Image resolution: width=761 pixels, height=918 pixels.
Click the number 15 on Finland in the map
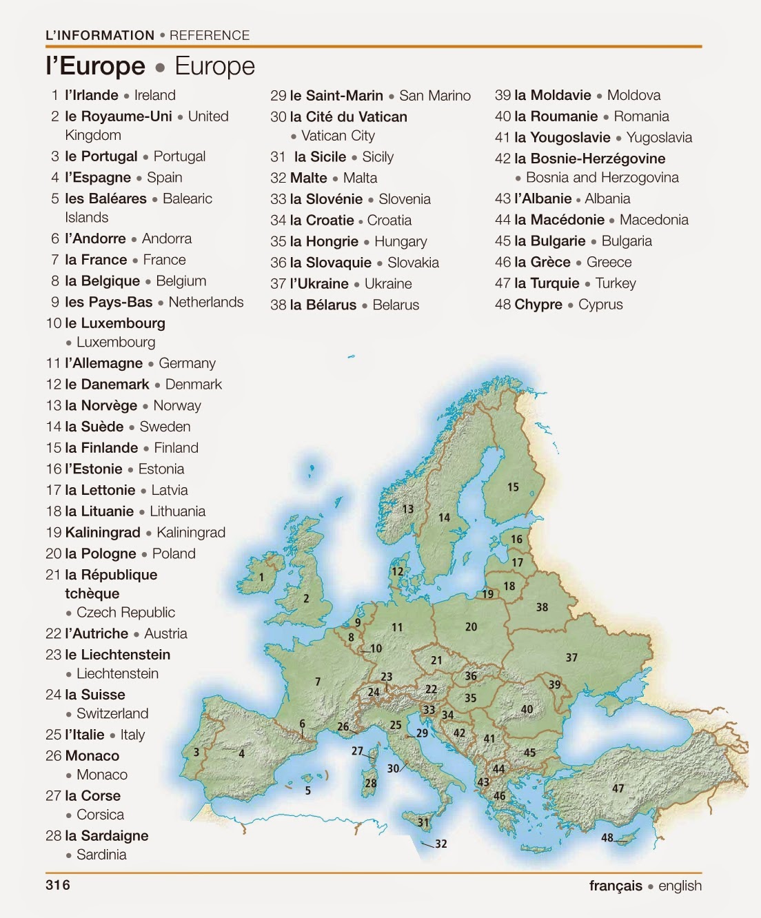point(513,487)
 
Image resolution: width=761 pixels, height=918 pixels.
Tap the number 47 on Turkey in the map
point(618,788)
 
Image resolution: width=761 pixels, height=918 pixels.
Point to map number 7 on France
point(318,682)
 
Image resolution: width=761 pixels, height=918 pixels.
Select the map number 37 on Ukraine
point(571,657)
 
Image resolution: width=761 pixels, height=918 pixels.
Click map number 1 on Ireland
point(261,578)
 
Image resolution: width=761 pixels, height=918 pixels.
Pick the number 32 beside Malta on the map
point(441,844)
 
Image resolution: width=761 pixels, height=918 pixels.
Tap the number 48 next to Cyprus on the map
point(607,838)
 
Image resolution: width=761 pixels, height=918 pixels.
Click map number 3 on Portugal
point(196,752)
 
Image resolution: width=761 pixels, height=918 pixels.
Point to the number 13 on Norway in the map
point(408,509)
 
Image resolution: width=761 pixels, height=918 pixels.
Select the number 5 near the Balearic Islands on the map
point(308,790)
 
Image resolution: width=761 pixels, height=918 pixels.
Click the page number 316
point(58,885)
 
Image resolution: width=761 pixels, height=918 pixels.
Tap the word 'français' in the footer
point(615,886)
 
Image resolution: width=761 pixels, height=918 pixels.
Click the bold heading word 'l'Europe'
point(96,66)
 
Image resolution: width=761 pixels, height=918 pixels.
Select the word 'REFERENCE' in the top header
point(210,35)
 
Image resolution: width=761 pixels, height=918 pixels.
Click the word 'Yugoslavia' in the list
point(659,137)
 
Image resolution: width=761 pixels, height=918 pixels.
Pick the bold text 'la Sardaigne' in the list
point(107,835)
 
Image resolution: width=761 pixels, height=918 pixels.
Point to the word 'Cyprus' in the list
point(600,305)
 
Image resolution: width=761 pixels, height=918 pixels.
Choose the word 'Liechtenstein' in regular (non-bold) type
point(117,673)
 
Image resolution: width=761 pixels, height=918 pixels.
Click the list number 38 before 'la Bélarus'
point(278,305)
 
